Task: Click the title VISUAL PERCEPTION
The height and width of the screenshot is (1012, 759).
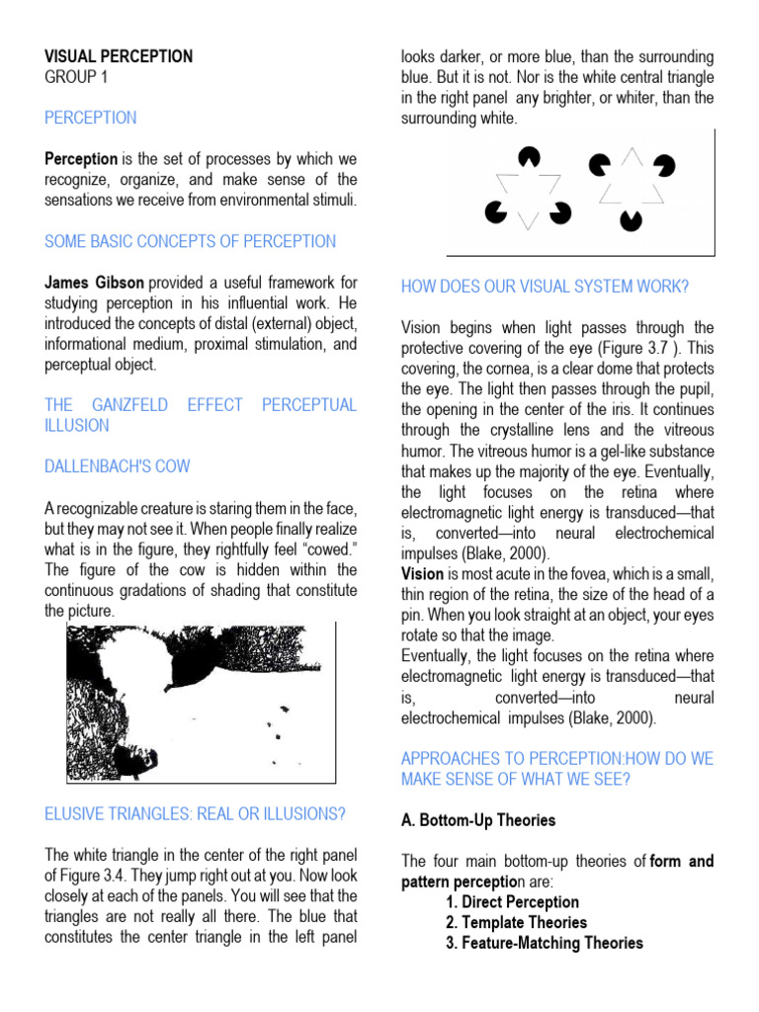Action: pyautogui.click(x=119, y=56)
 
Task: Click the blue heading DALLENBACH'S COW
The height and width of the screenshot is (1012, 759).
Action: pyautogui.click(x=118, y=466)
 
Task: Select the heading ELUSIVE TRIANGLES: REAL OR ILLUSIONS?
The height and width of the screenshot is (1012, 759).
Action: pyautogui.click(x=195, y=813)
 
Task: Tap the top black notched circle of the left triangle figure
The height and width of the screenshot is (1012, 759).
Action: pyautogui.click(x=530, y=157)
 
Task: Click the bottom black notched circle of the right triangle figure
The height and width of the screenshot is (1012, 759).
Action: pyautogui.click(x=629, y=219)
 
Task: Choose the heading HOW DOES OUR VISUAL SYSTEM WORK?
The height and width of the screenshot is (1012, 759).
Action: pyautogui.click(x=545, y=287)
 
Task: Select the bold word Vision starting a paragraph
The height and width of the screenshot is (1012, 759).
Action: pyautogui.click(x=422, y=573)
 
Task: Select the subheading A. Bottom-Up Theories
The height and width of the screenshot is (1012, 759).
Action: pyautogui.click(x=478, y=820)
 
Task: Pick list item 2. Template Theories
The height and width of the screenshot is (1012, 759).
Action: pyautogui.click(x=516, y=922)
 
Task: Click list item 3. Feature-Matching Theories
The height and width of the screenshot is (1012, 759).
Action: pyautogui.click(x=544, y=943)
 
